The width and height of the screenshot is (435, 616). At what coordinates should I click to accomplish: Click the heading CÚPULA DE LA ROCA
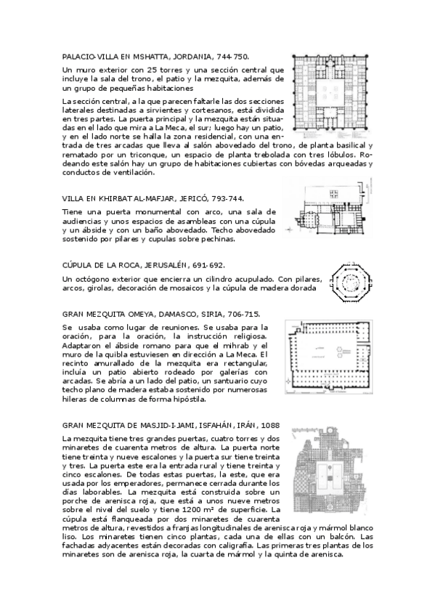pyautogui.click(x=102, y=267)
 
